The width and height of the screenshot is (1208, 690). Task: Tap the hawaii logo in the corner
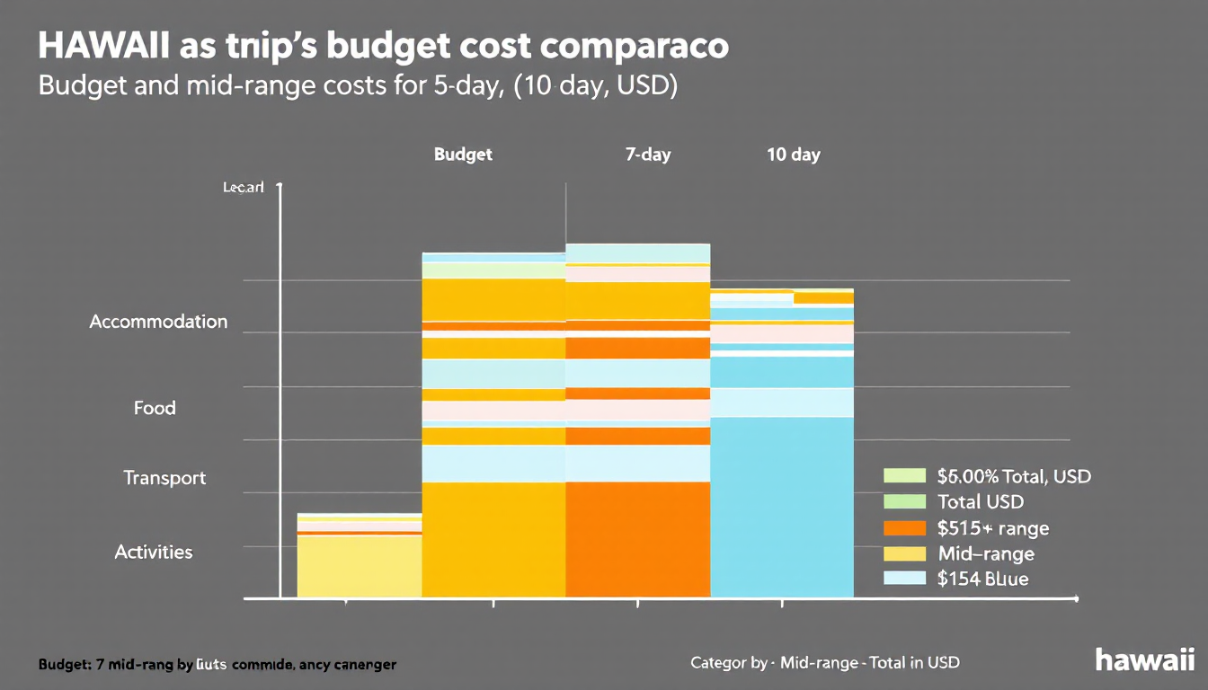click(1144, 659)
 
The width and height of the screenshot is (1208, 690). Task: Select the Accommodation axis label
click(158, 322)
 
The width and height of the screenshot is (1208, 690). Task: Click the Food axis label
click(155, 408)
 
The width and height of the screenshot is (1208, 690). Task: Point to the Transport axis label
click(164, 478)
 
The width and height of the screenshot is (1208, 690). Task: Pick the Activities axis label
click(154, 552)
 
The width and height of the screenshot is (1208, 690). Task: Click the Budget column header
click(463, 155)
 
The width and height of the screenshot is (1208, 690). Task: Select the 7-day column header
click(648, 155)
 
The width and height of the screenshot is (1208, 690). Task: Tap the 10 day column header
click(793, 155)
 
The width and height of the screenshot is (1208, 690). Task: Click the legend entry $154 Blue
click(982, 579)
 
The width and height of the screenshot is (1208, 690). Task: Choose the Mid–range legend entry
click(985, 553)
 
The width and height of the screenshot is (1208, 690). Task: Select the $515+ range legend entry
click(992, 528)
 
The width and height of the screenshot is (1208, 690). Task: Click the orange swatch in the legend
click(904, 528)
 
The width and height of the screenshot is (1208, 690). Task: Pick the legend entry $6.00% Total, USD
click(1013, 476)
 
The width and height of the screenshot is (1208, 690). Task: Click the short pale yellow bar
click(360, 566)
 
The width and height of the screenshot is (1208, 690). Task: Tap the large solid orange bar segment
click(637, 539)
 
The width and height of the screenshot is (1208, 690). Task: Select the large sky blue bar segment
click(781, 508)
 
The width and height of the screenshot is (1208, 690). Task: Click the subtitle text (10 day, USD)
click(592, 90)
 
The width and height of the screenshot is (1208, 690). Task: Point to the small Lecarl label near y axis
click(243, 188)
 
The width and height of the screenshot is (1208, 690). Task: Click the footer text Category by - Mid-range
click(824, 663)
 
